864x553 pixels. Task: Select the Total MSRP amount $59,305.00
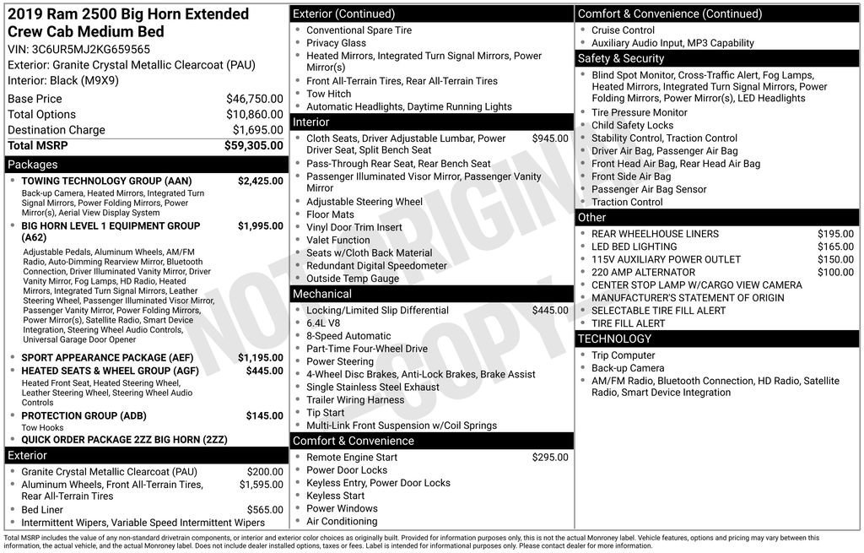pyautogui.click(x=253, y=145)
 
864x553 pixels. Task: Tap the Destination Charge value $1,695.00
pyautogui.click(x=257, y=130)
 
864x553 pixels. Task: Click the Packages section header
pyautogui.click(x=33, y=165)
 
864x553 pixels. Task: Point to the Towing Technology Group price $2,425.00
pyautogui.click(x=260, y=181)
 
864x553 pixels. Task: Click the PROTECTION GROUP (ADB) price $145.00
pyautogui.click(x=264, y=415)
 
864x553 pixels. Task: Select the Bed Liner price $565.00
pyautogui.click(x=264, y=510)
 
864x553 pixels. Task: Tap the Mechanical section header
pyautogui.click(x=321, y=294)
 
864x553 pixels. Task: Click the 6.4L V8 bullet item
pyautogui.click(x=323, y=323)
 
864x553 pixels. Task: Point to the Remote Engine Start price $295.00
pyautogui.click(x=549, y=458)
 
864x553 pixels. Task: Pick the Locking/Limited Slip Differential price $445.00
pyautogui.click(x=549, y=311)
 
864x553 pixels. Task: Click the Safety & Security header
pyautogui.click(x=620, y=58)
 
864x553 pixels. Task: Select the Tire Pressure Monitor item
pyautogui.click(x=639, y=112)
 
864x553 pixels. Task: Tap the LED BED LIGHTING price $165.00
pyautogui.click(x=835, y=247)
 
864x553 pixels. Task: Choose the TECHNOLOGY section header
pyautogui.click(x=614, y=339)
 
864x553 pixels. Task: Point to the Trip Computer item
pyautogui.click(x=623, y=355)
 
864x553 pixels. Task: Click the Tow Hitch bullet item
pyautogui.click(x=328, y=94)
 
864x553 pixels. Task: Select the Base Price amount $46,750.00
pyautogui.click(x=254, y=99)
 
